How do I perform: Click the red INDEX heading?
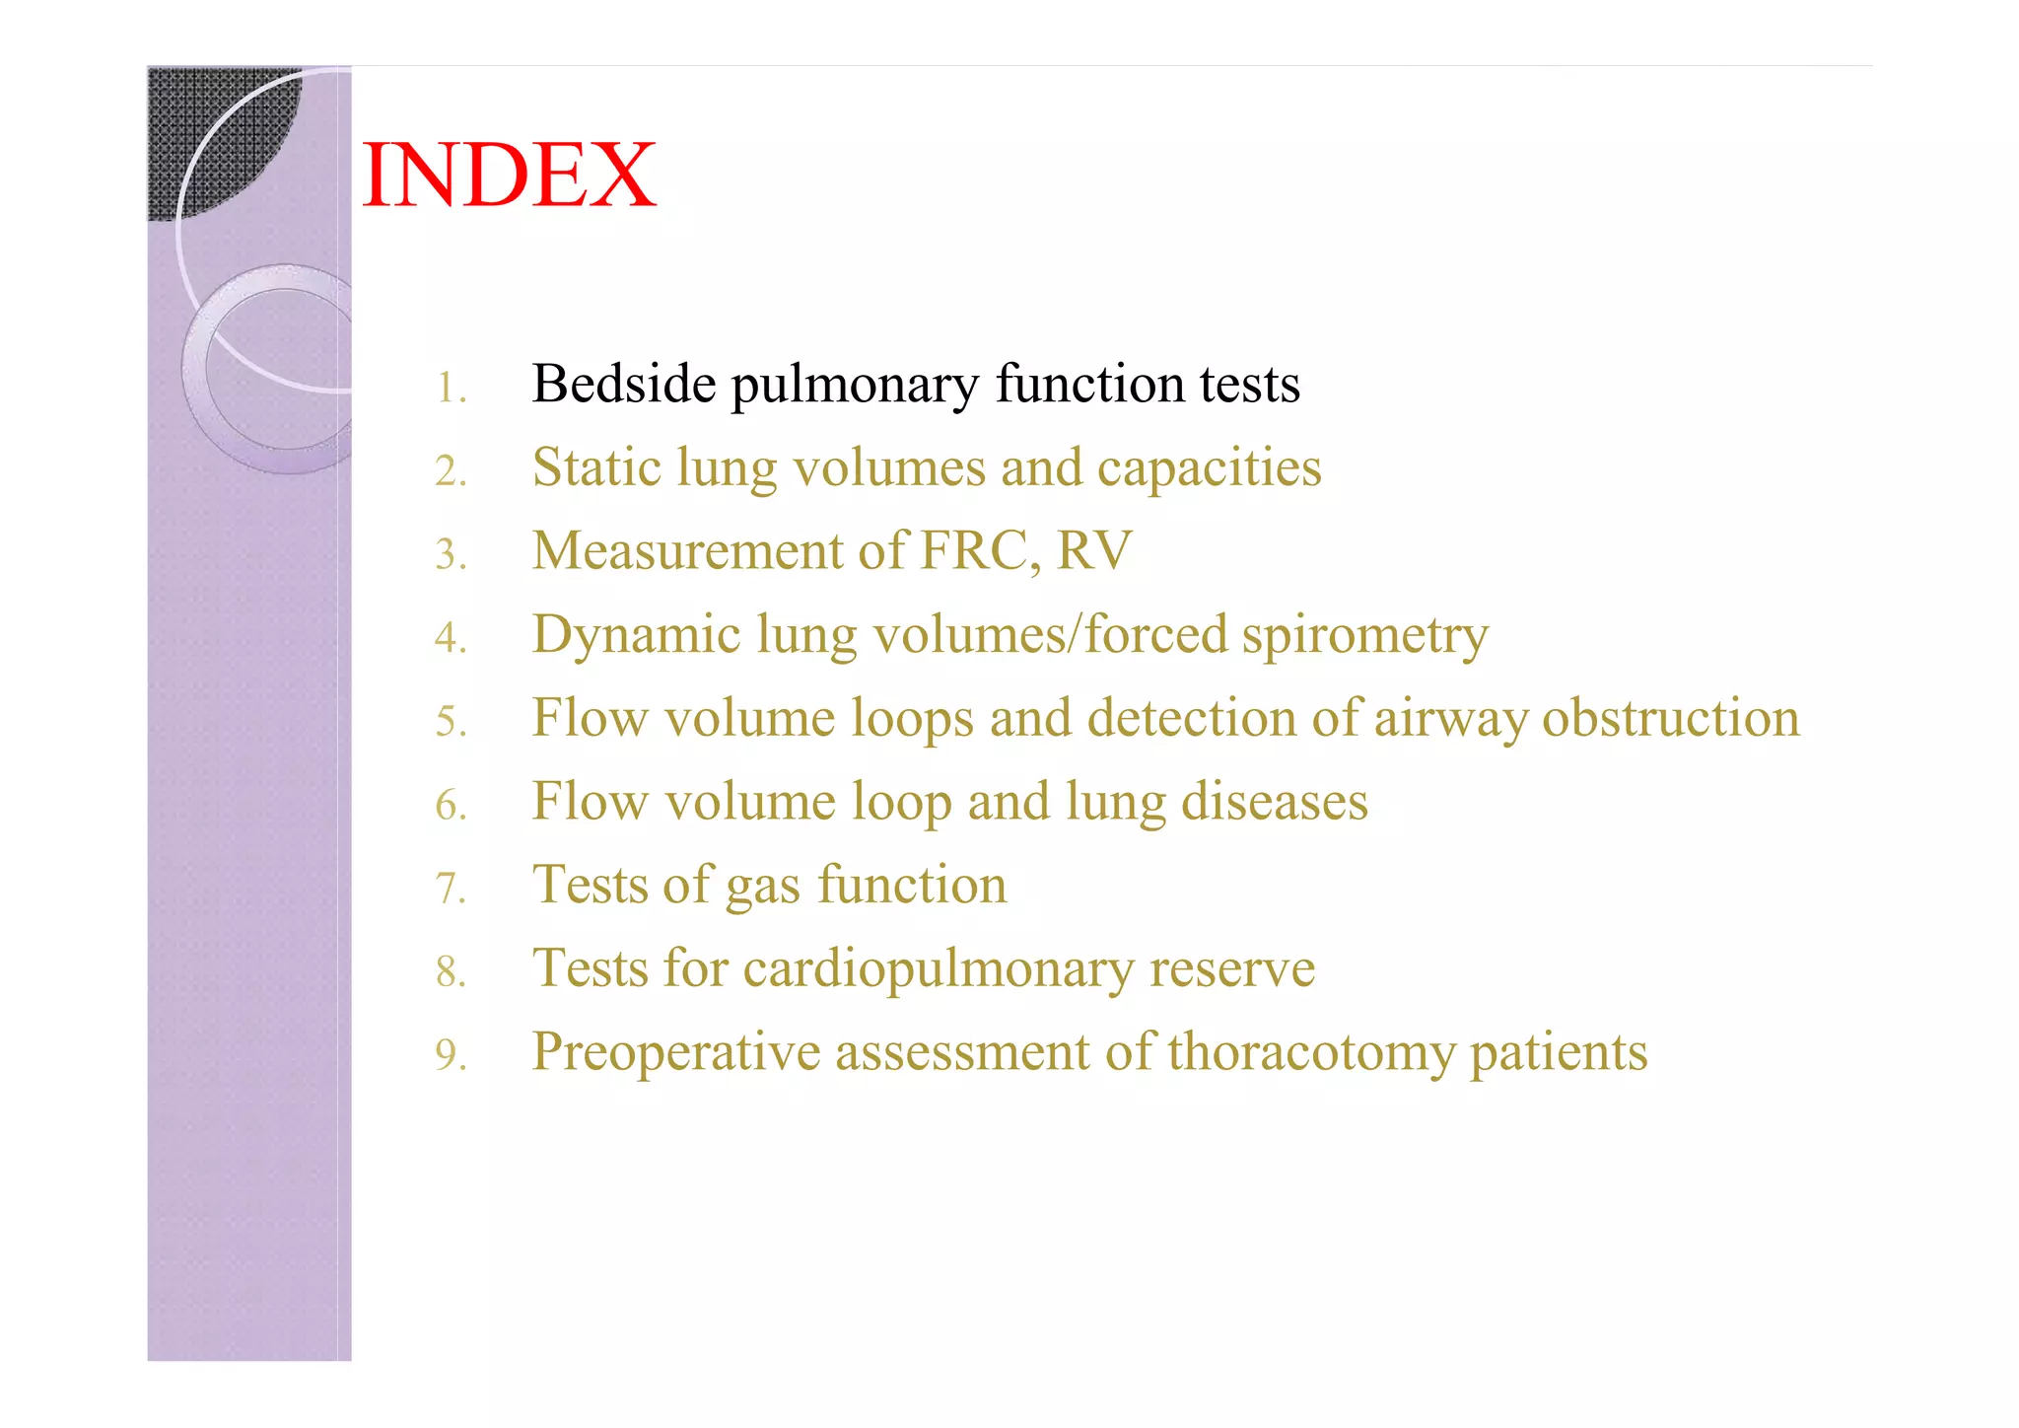click(509, 176)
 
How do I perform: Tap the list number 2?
click(451, 471)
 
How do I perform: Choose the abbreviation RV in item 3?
click(1094, 550)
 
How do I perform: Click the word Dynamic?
click(636, 635)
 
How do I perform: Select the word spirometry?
click(1364, 635)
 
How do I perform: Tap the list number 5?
click(451, 722)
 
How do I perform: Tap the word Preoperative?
click(675, 1052)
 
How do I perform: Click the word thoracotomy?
click(1311, 1052)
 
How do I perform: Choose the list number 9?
click(451, 1055)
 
